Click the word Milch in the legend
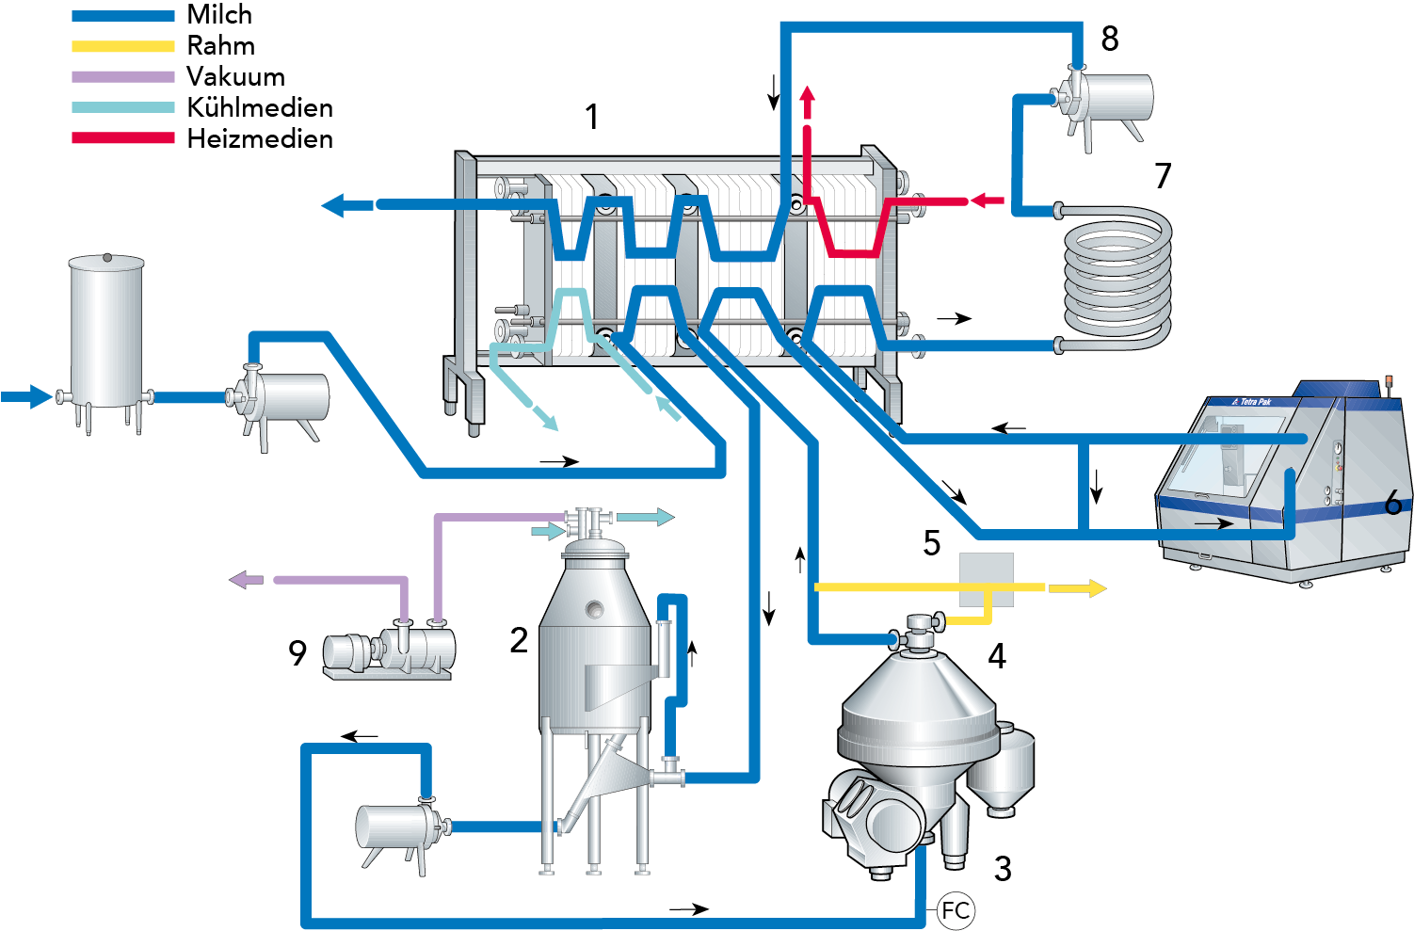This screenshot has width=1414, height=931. tap(219, 15)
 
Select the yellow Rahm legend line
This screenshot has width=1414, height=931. tap(122, 46)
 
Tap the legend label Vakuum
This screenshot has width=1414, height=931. tap(235, 77)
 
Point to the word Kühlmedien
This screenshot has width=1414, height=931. tap(260, 108)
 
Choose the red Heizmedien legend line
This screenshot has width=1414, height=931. tap(122, 138)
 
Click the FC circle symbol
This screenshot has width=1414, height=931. tap(956, 910)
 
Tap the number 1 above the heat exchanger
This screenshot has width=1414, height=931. tap(592, 118)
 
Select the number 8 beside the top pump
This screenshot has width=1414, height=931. tap(1109, 39)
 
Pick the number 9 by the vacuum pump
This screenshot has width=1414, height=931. tap(297, 652)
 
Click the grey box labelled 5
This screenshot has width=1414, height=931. tap(986, 579)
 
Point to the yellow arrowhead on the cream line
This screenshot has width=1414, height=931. tap(1096, 588)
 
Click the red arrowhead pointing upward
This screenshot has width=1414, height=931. tap(807, 94)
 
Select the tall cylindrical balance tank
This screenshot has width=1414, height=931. tap(106, 334)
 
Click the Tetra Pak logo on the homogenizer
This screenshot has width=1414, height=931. tap(1251, 402)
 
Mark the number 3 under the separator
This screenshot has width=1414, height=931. tap(1003, 868)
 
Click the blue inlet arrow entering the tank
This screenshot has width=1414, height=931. tap(34, 396)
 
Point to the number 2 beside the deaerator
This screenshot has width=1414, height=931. tap(519, 640)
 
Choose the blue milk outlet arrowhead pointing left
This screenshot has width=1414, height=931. tap(334, 204)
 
